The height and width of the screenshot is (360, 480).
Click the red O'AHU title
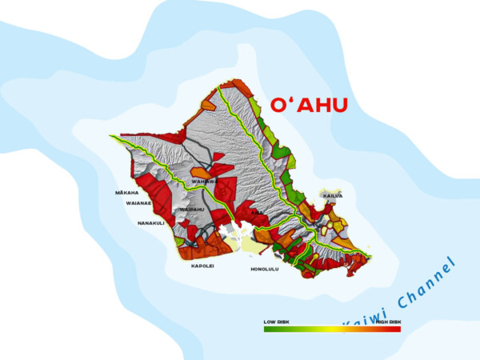click(x=309, y=106)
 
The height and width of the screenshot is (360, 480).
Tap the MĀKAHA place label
click(x=126, y=192)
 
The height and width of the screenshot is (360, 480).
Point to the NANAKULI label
click(x=150, y=223)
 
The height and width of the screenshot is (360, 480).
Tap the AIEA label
click(x=256, y=214)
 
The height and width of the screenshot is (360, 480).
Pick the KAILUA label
click(x=332, y=195)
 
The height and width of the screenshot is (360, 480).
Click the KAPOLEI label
click(x=202, y=266)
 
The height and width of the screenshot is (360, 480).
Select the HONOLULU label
click(x=265, y=269)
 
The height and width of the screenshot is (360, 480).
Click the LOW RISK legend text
click(x=276, y=322)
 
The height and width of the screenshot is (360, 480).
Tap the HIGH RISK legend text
click(x=389, y=322)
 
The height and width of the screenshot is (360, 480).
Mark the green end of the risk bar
click(x=268, y=329)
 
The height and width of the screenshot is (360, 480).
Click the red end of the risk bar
click(x=396, y=329)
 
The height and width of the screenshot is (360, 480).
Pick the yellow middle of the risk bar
click(x=332, y=329)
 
